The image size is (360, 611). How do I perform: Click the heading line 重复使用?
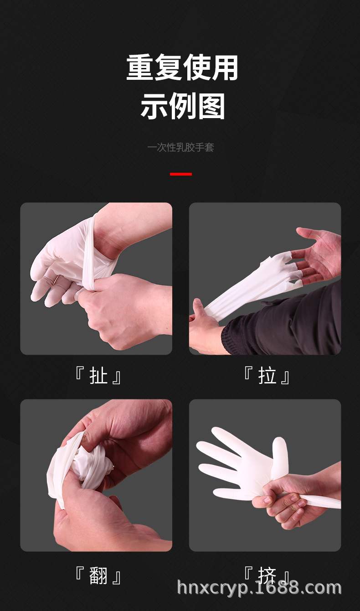click(182, 67)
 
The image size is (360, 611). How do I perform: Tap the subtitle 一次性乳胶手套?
click(180, 147)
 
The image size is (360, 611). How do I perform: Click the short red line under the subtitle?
click(180, 174)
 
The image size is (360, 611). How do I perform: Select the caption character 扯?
click(98, 377)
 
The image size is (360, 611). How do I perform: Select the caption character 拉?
click(267, 377)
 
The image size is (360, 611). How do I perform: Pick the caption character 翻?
click(98, 576)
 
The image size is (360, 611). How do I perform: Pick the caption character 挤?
click(267, 576)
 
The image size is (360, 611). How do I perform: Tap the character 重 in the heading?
click(140, 67)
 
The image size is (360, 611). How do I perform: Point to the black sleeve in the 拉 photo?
click(292, 324)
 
